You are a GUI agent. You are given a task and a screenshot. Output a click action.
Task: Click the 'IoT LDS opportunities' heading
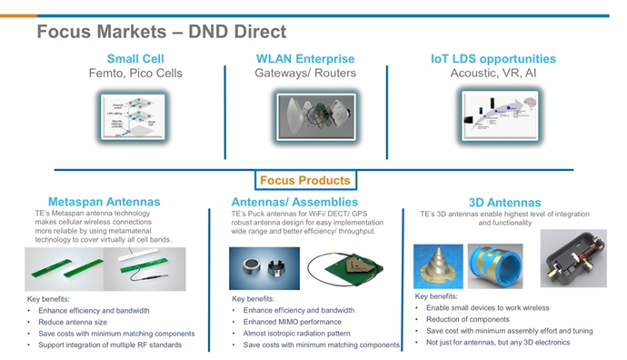(x=493, y=59)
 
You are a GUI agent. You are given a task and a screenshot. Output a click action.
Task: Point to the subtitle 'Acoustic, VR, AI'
(x=493, y=74)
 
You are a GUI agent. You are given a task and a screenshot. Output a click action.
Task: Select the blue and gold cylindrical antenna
(x=495, y=261)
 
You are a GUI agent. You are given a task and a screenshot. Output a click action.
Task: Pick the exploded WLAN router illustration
(x=307, y=120)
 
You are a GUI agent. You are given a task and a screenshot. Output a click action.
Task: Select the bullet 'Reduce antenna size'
(x=75, y=322)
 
